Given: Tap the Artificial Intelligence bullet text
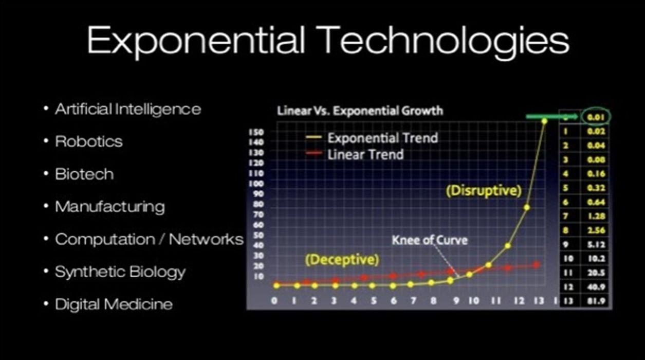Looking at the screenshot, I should coord(128,109).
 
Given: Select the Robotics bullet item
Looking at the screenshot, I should coord(89,141).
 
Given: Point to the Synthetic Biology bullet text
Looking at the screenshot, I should coord(120,272).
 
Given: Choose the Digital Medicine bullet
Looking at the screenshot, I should coord(114,304).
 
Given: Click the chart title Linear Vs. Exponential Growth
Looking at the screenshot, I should coord(360,111).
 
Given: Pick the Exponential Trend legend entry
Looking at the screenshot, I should coord(382,138).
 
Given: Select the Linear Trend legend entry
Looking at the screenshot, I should coord(365,154).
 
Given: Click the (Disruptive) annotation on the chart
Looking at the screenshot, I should coord(483,191).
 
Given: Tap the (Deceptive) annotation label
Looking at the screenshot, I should coord(342,260).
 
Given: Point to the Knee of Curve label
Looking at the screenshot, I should coord(430,240).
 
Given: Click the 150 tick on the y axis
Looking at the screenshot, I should coord(256,132).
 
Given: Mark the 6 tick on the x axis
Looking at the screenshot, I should coord(394,301).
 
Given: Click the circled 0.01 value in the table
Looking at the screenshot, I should coord(596,117).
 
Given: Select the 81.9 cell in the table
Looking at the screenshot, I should coord(596,301).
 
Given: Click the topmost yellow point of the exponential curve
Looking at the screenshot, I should coord(544,121).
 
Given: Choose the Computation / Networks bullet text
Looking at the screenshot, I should coord(149,239).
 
